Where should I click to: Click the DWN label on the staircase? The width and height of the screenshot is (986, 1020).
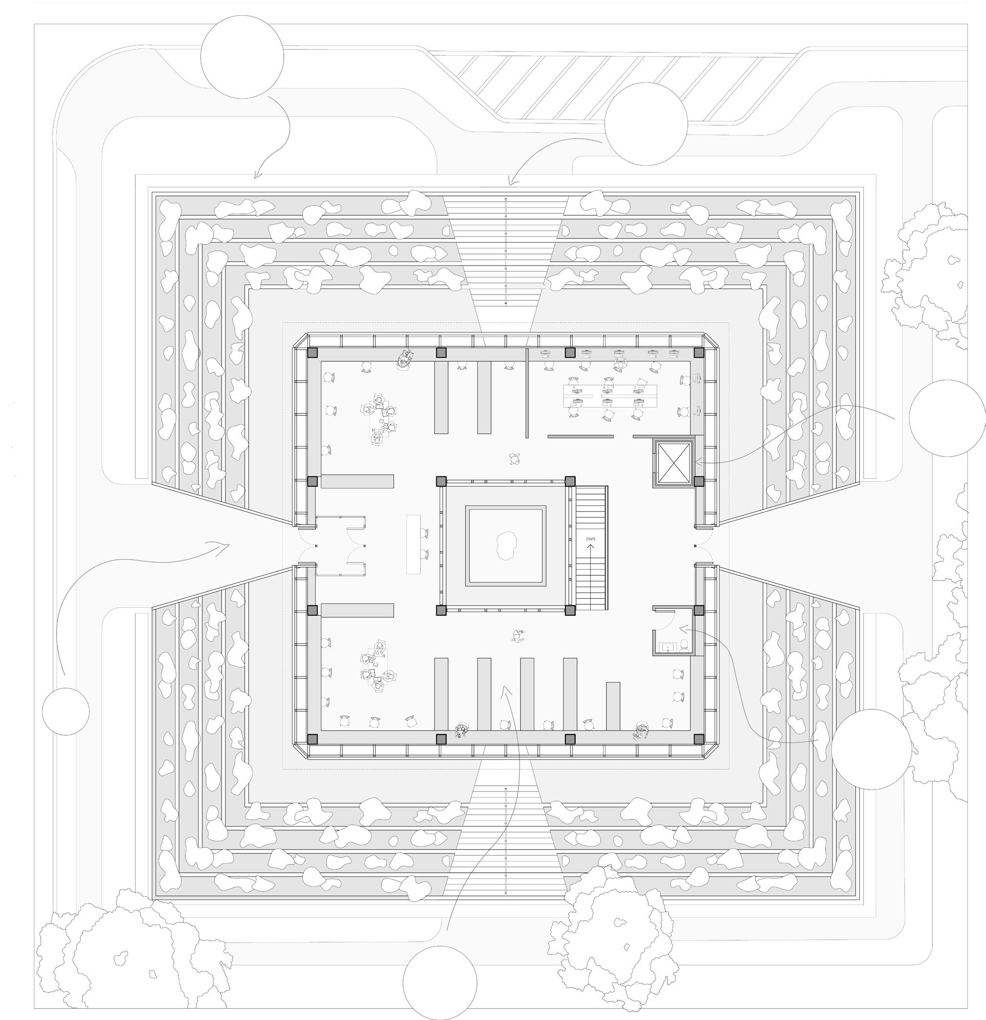pos(590,539)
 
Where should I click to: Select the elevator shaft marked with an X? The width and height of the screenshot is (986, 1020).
pos(674,463)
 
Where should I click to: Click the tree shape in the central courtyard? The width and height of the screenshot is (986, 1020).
pos(506,545)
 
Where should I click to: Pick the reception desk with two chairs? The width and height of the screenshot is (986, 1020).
pos(413,544)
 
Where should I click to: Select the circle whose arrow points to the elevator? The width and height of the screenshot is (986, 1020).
pos(947,418)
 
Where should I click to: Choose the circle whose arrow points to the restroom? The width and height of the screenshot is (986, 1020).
pos(871,749)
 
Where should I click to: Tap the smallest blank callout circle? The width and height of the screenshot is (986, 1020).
pos(66,711)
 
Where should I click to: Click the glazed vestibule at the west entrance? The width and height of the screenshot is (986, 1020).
pos(340,545)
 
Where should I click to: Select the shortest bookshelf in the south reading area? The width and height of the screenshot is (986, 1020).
pos(613,705)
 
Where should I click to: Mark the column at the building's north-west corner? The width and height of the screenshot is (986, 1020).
pos(312,353)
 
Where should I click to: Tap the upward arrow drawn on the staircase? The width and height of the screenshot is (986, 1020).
pos(590,549)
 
